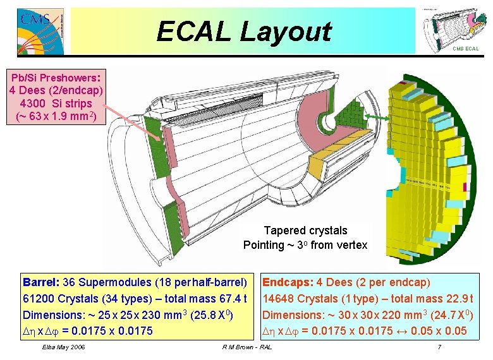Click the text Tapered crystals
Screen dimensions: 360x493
coord(305,231)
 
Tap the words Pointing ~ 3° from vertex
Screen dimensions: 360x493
coord(305,245)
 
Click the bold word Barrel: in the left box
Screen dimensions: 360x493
coord(41,282)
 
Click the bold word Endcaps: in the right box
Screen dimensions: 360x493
coord(288,282)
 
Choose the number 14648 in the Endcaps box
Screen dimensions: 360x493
coord(279,298)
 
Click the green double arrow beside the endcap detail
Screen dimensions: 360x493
coord(377,116)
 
